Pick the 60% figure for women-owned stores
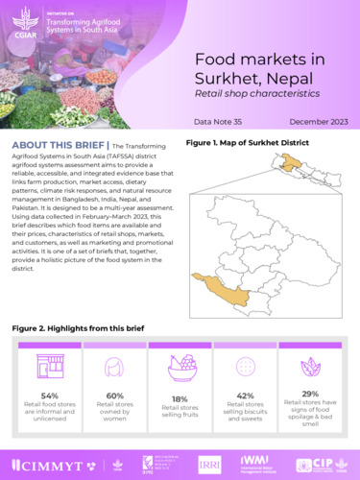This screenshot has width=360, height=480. point(113,396)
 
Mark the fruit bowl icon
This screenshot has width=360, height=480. point(180,365)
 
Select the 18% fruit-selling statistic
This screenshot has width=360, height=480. point(180,397)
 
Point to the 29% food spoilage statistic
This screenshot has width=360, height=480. point(310,394)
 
